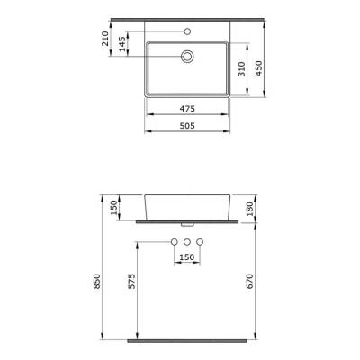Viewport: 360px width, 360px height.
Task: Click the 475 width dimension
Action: point(186,109)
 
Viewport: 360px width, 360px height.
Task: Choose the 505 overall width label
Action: point(186,126)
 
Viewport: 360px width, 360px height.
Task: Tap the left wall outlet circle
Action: point(173,244)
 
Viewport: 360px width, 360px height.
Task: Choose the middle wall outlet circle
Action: point(186,244)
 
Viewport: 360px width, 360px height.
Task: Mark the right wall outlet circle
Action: point(200,244)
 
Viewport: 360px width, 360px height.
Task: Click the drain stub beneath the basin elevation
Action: point(186,223)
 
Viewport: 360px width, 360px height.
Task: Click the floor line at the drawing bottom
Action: point(186,342)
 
